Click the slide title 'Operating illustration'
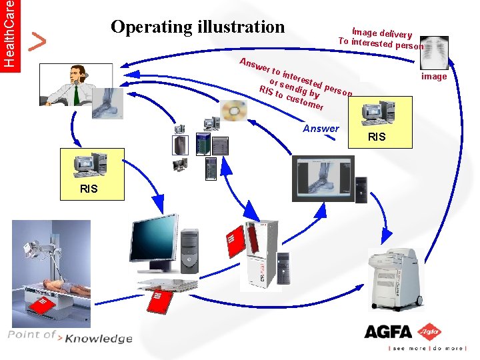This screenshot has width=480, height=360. [x=197, y=27]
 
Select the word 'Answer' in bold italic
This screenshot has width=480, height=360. [x=321, y=129]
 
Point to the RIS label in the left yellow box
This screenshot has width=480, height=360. [x=89, y=189]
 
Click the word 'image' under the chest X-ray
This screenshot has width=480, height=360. [x=434, y=77]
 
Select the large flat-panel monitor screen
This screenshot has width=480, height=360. [x=153, y=239]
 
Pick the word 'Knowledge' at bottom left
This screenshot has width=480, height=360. [x=98, y=339]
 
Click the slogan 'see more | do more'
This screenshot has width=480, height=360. [x=426, y=349]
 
